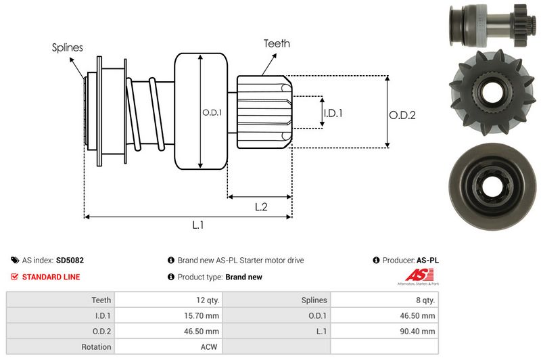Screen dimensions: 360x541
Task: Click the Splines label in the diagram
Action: (x=67, y=48)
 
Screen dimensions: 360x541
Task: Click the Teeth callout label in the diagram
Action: (x=276, y=43)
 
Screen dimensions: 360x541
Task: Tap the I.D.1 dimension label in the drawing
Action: (x=333, y=113)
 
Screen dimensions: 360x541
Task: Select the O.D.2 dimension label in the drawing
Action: (x=402, y=115)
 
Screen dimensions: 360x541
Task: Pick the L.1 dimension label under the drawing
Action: (x=197, y=226)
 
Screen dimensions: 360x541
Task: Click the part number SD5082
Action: (x=70, y=260)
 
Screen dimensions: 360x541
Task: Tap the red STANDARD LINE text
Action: (x=51, y=277)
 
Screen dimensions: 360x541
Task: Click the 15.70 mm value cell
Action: (x=203, y=315)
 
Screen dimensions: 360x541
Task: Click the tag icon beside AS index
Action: (x=14, y=260)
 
